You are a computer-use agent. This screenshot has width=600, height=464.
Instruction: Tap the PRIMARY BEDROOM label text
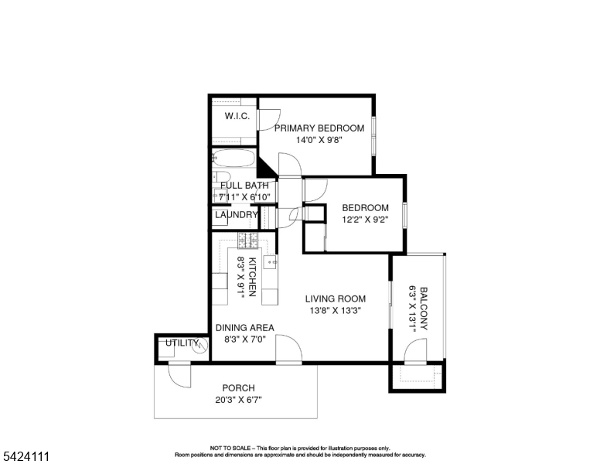[x=319, y=128]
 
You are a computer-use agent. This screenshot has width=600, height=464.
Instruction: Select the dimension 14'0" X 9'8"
[x=319, y=141]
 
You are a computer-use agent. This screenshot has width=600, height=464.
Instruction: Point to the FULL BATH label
[x=244, y=186]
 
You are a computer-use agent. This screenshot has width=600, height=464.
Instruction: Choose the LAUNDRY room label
[x=236, y=215]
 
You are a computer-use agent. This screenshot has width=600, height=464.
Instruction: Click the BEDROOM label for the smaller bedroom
[x=365, y=207]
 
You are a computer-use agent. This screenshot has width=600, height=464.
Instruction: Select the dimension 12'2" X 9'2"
[x=365, y=219]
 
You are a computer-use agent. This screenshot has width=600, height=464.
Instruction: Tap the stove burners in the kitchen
[x=247, y=240]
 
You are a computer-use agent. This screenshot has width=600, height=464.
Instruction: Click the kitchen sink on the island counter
[x=271, y=263]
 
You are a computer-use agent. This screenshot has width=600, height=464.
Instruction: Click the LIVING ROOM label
[x=335, y=299]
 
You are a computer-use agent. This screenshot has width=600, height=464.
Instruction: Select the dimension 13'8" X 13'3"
[x=335, y=310]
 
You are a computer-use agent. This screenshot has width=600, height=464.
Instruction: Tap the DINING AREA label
[x=244, y=328]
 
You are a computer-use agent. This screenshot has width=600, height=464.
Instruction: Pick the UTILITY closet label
[x=182, y=343]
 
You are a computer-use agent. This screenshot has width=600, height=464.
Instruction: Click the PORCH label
[x=238, y=388]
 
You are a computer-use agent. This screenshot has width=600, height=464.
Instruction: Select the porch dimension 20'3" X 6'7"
[x=238, y=400]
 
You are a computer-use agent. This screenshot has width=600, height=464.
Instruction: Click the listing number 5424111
[x=26, y=457]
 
